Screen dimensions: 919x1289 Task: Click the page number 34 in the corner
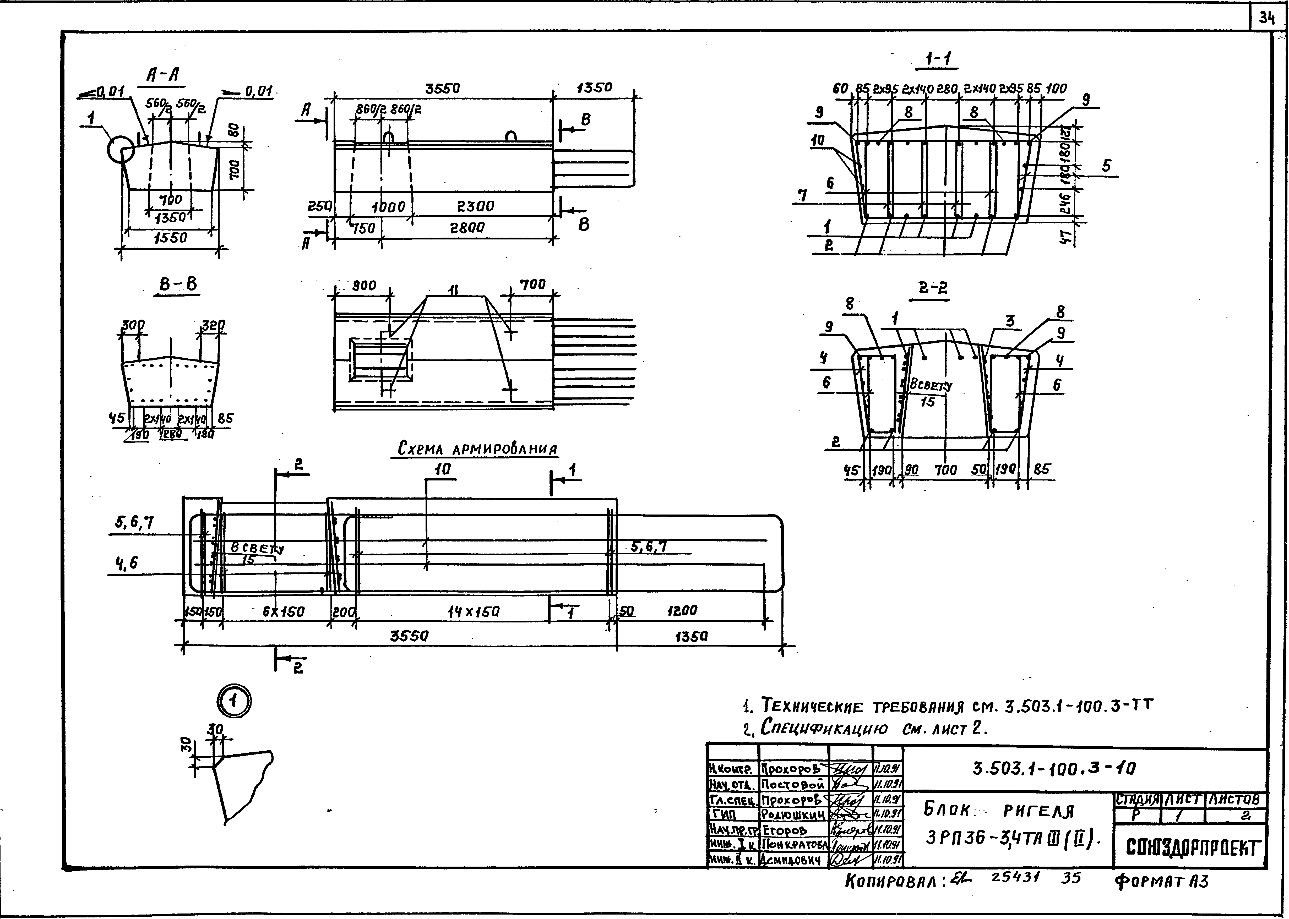[x=1267, y=19]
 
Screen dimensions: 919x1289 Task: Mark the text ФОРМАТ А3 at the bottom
[x=1162, y=881]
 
